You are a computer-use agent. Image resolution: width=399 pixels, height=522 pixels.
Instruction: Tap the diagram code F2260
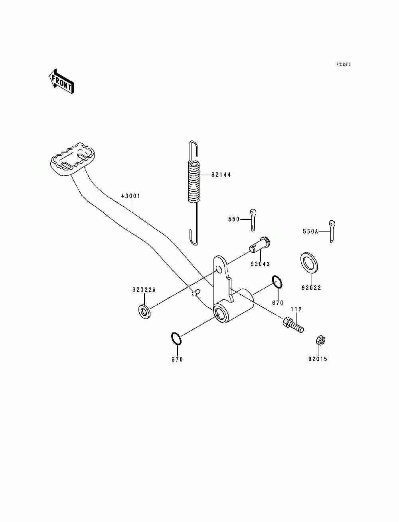343,65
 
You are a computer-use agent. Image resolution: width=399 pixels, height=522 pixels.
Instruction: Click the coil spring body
194,181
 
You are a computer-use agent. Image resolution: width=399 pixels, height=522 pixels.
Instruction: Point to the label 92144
221,175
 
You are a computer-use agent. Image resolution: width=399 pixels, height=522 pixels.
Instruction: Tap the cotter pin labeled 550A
332,231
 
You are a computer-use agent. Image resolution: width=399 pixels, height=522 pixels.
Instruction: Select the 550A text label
310,231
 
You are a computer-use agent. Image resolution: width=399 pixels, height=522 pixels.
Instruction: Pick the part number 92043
260,264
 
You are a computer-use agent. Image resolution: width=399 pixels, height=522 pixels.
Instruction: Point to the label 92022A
144,290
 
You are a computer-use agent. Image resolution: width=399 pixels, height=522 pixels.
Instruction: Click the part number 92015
318,359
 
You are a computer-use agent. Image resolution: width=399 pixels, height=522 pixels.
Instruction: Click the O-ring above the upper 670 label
278,281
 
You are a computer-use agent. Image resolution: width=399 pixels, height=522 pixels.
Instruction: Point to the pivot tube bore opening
220,312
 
